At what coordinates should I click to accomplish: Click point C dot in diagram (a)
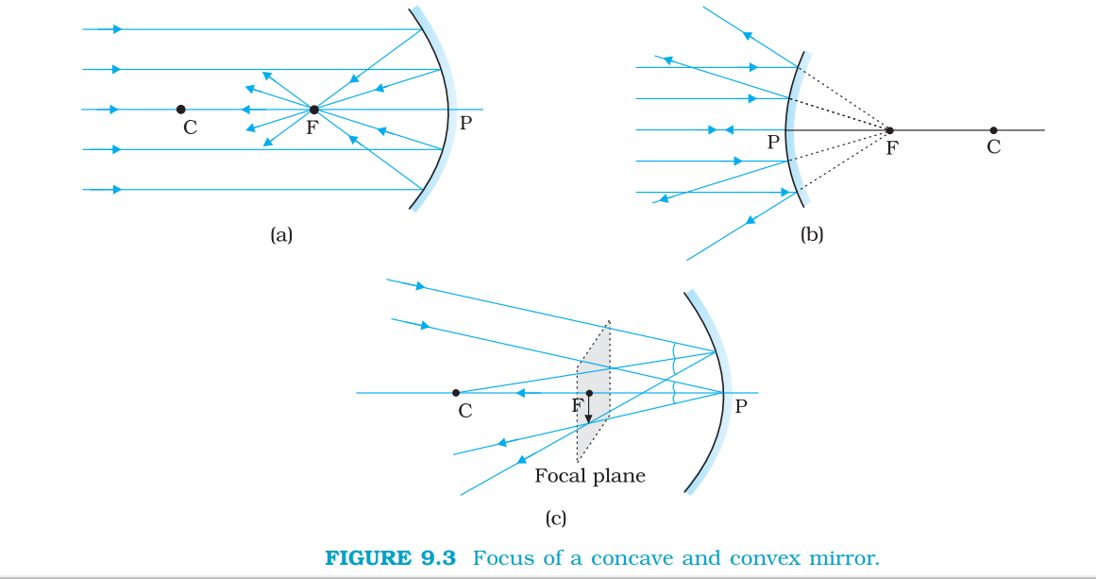tap(180, 110)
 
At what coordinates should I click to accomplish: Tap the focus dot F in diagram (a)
tap(313, 110)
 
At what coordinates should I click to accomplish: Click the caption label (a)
tap(281, 235)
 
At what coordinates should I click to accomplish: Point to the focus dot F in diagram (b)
tap(889, 129)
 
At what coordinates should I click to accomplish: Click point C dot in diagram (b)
tap(993, 130)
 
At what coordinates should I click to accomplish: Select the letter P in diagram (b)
tap(773, 143)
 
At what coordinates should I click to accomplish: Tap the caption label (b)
tap(812, 235)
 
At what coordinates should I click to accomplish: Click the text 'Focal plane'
tap(590, 476)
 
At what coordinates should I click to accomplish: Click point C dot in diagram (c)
tap(456, 393)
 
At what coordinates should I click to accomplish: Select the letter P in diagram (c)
tap(741, 407)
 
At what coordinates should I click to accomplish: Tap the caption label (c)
tap(556, 518)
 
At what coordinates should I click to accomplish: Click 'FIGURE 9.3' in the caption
tap(390, 557)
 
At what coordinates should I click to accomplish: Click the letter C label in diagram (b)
tap(993, 146)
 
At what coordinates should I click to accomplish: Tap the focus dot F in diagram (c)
tap(589, 393)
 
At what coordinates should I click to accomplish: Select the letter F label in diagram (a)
tap(312, 128)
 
